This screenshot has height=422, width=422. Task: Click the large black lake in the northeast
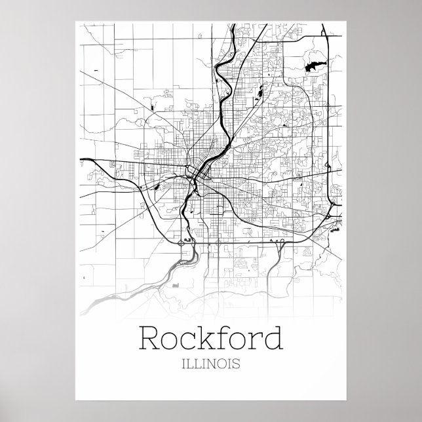point(313,66)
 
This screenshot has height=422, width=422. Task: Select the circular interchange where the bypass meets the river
point(182,242)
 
